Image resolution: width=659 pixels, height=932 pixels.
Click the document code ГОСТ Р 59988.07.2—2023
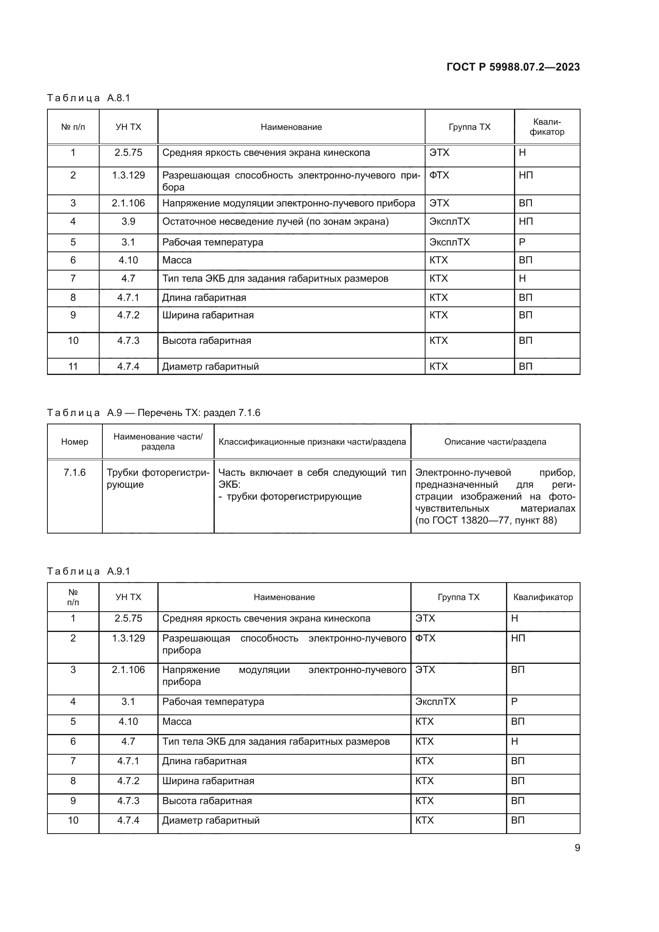coord(513,67)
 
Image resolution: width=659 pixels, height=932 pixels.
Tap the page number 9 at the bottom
coord(577,848)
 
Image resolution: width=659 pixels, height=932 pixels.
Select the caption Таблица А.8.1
coord(88,98)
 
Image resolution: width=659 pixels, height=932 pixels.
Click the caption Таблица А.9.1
coord(88,571)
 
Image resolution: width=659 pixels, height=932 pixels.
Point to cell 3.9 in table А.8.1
coord(128,222)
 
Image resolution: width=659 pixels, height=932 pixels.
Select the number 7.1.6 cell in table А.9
coord(75,473)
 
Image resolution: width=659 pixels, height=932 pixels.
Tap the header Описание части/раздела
coord(495,441)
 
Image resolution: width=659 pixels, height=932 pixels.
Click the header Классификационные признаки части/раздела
coord(312,441)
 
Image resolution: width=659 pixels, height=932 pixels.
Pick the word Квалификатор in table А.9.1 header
coord(543,597)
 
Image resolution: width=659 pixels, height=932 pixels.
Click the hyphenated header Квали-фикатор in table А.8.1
coord(547,127)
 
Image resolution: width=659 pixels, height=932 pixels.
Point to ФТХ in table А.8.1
coord(439,175)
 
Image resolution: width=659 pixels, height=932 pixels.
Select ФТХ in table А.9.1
coord(425,638)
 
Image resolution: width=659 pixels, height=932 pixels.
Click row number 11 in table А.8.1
coord(73,367)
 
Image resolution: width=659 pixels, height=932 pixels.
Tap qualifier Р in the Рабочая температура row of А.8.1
coord(522,242)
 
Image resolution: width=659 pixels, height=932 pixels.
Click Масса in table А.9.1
coord(177,721)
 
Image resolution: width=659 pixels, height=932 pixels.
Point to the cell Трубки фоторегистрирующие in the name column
coord(158,479)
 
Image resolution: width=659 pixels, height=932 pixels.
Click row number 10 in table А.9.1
coord(73,820)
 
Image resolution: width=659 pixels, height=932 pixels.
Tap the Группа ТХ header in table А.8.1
coord(469,127)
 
